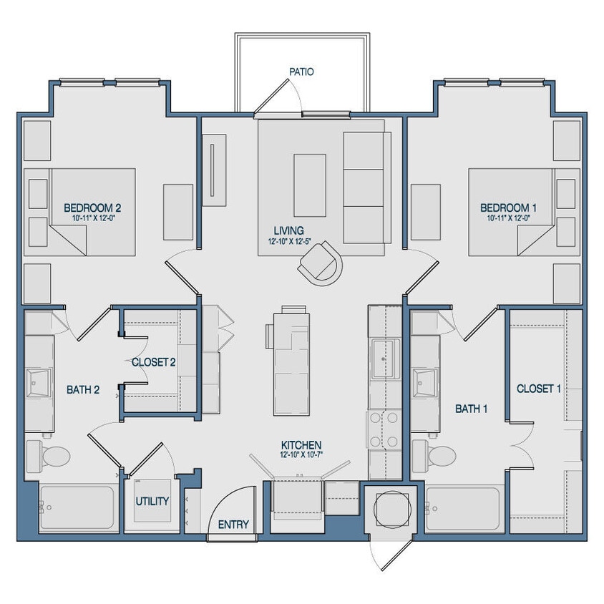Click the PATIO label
coord(301,72)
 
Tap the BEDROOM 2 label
coord(92,208)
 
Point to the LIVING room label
coord(288,230)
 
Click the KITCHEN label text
coord(301,444)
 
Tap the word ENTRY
coord(233,525)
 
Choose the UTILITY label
coord(152,501)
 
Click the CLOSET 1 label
coord(539,389)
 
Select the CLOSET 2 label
coord(153,362)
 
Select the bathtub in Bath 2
coord(77,508)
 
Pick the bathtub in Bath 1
coord(463,508)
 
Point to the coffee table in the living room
coord(309,175)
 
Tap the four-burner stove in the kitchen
coord(385,432)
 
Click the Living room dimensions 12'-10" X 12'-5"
coord(288,241)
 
